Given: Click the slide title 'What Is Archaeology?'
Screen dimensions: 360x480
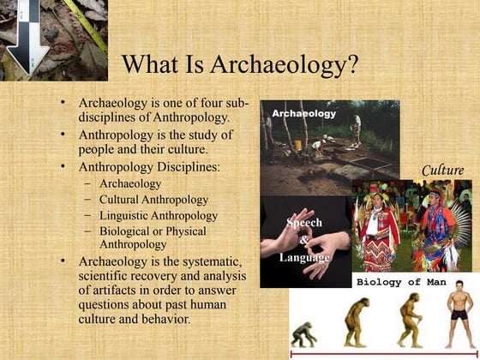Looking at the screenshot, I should click(x=239, y=65).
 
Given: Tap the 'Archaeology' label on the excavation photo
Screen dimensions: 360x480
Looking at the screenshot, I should click(x=304, y=113).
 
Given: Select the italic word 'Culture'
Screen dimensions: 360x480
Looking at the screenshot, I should click(x=443, y=170).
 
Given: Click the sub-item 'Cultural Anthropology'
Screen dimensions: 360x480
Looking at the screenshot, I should click(x=153, y=200).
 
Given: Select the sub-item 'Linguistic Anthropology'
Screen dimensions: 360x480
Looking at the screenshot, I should click(x=158, y=215).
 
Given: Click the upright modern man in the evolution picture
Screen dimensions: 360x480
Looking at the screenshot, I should click(x=459, y=318).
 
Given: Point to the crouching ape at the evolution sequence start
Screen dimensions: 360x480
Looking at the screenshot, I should click(x=303, y=334).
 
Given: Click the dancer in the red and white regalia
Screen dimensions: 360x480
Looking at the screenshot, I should click(x=377, y=231).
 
